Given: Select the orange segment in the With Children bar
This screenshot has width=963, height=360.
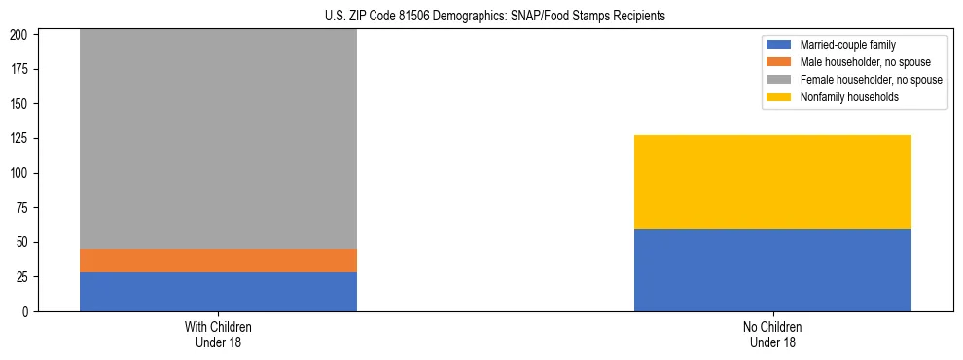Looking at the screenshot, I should pos(218,261).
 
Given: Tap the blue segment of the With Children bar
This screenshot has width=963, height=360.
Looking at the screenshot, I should pos(218,292).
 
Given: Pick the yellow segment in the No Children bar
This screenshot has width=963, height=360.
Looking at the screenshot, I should pos(772,182).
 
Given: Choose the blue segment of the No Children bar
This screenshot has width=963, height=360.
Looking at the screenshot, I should pos(772,270).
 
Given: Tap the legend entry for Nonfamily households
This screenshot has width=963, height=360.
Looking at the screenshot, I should pos(843,97).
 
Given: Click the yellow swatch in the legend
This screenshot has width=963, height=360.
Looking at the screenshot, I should pos(780,97).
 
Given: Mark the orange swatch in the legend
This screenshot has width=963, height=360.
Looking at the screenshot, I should pos(780,62).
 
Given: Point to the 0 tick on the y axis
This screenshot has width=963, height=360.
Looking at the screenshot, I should pos(28,312).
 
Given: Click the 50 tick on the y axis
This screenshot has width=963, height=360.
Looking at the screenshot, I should pos(25,243).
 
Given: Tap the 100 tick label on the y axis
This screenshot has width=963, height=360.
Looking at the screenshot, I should pos(22,174).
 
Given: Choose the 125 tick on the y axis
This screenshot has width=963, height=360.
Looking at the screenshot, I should pos(22,139).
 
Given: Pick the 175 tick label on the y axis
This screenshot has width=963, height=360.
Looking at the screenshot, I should pos(22,70).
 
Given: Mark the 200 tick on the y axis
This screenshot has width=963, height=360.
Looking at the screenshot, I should pos(22,36).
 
